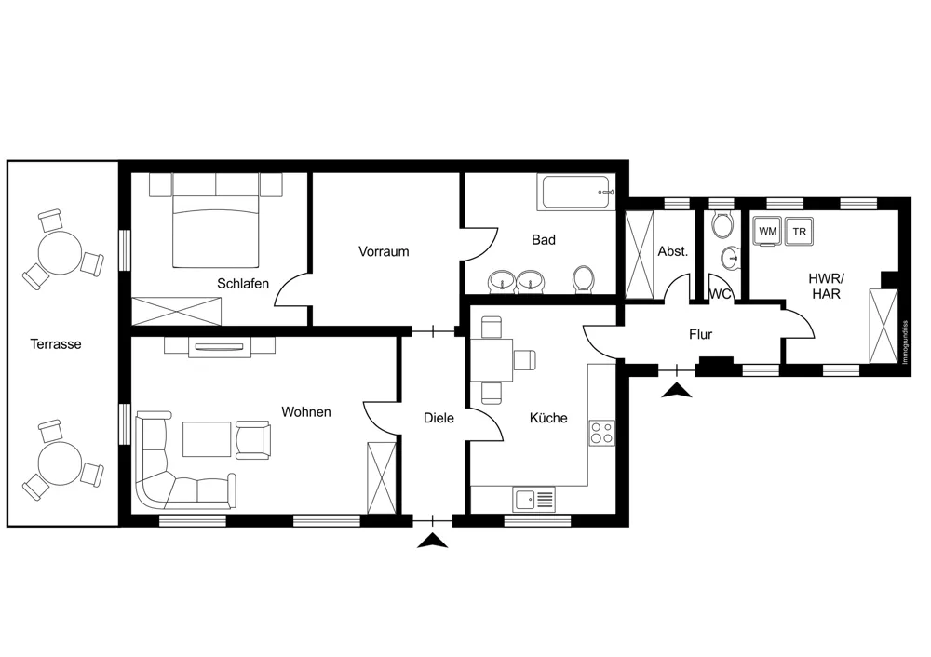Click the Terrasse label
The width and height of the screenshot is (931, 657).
coord(56,344)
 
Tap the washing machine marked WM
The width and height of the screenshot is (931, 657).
coord(768,231)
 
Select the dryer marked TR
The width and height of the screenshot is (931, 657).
coord(799,231)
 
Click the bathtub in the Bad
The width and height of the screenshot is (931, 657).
coord(576,193)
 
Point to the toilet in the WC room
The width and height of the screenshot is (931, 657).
coord(722,224)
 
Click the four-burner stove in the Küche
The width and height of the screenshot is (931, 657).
coord(601,433)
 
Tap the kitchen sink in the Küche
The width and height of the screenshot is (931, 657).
coord(533,500)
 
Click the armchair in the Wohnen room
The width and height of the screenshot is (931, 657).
coord(253,440)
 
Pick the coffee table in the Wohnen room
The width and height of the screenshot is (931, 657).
coord(207,439)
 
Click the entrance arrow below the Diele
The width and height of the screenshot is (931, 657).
coord(433,541)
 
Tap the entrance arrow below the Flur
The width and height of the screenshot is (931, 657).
coord(677,391)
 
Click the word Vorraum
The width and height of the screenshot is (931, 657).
coord(384,251)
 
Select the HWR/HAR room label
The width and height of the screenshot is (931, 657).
coord(826,286)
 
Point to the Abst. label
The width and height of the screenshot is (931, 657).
coord(673,251)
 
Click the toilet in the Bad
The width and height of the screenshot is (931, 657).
coord(583,279)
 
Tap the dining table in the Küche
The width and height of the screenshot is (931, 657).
coord(492,359)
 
